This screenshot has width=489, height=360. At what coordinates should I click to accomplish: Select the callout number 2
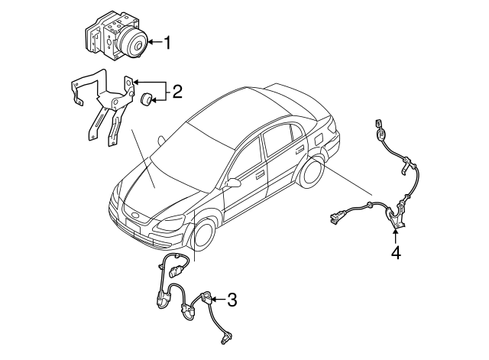[176, 93]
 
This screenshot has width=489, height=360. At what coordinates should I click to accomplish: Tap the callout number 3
[232, 300]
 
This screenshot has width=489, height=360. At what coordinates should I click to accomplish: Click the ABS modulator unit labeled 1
[115, 41]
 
